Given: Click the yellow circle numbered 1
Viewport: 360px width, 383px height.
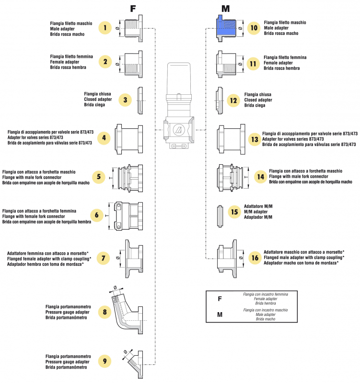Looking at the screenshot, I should [x=105, y=28].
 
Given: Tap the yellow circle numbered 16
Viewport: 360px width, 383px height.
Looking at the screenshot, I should [x=255, y=258].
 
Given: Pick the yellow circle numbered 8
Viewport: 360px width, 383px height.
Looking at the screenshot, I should [x=105, y=313].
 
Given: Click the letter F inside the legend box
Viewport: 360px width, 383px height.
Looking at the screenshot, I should [x=220, y=299].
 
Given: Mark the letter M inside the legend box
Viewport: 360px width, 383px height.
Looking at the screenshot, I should [x=220, y=315].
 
